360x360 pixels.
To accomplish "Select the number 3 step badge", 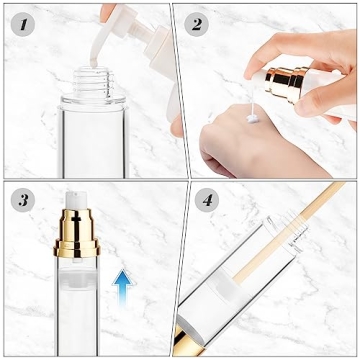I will [x=22, y=201].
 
